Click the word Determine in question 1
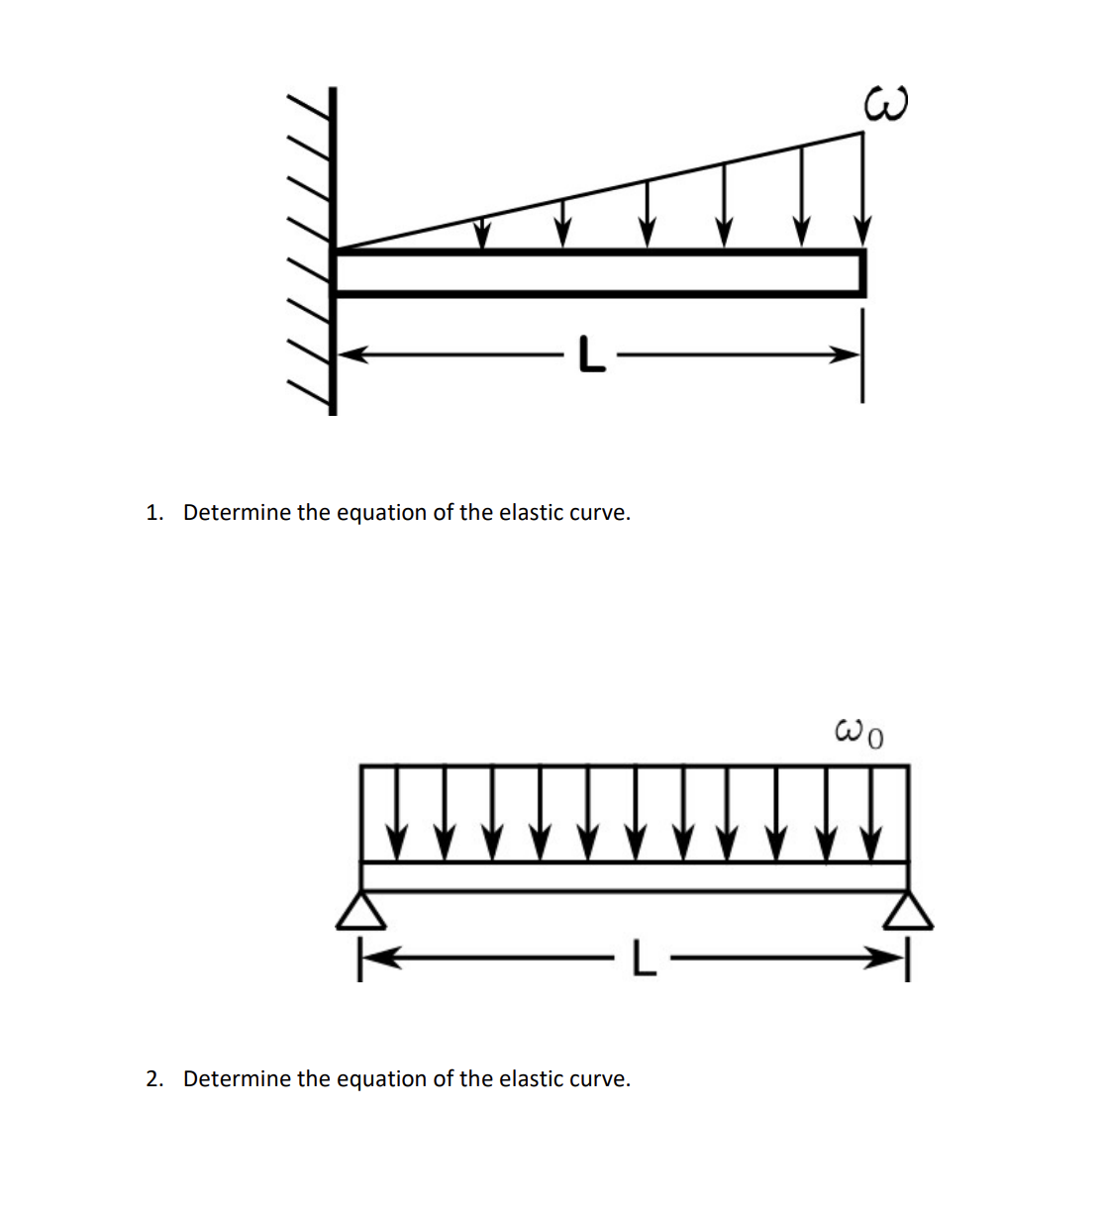click(x=237, y=513)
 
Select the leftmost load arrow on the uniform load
click(x=396, y=812)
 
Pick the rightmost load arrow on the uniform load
click(x=871, y=812)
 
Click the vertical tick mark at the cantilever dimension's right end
click(x=861, y=356)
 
